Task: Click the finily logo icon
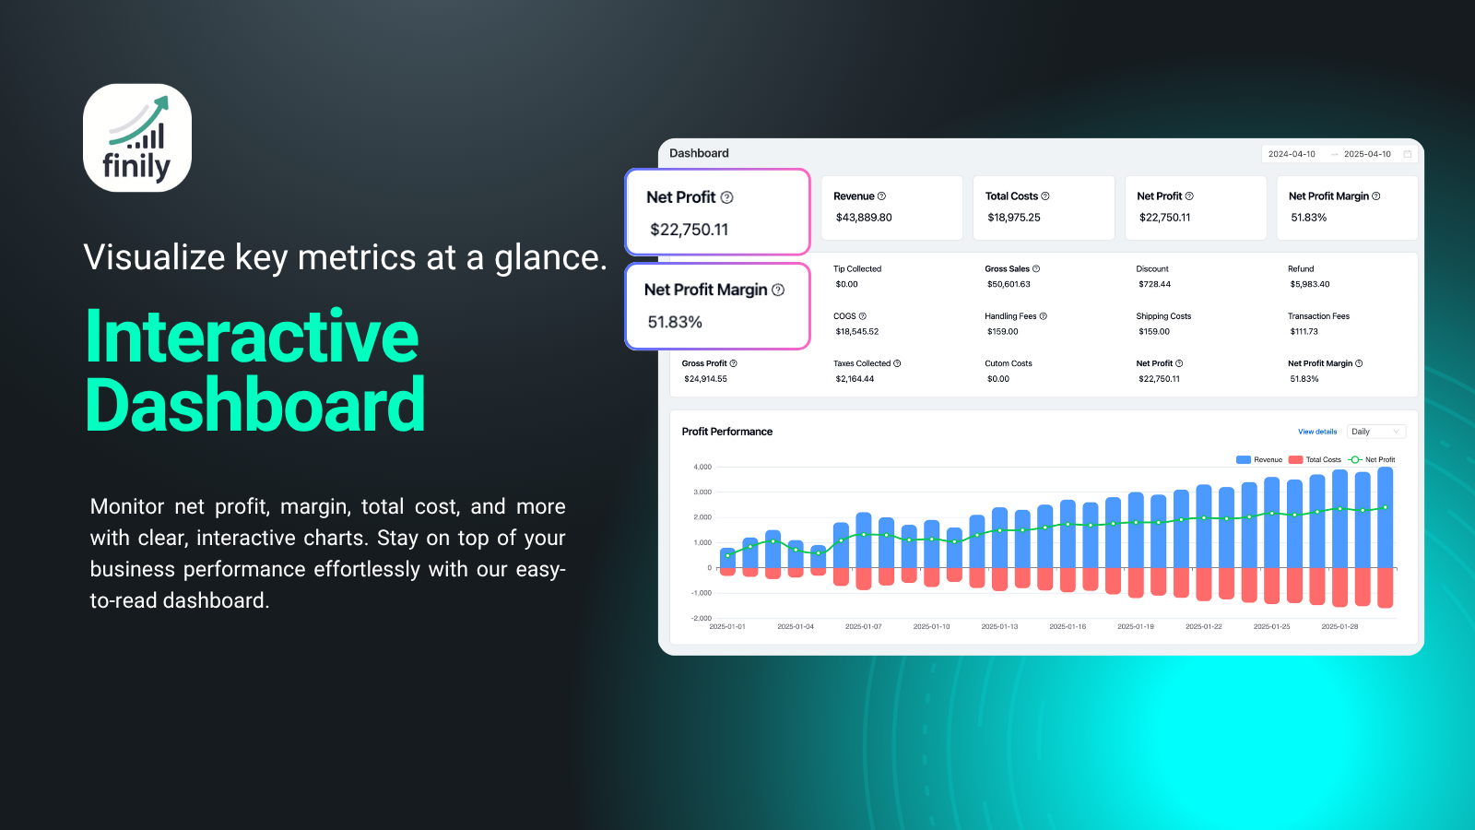(x=137, y=137)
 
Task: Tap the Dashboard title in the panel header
(x=699, y=153)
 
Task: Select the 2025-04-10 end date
(x=1367, y=154)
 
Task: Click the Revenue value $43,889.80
(x=863, y=218)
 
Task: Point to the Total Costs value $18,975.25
(x=1013, y=218)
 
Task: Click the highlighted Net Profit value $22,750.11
(x=689, y=230)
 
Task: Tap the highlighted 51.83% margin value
(x=675, y=322)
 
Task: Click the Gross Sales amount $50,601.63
(x=1009, y=285)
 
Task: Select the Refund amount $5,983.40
(x=1310, y=285)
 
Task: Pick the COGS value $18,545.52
(x=856, y=332)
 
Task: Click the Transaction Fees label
(x=1318, y=316)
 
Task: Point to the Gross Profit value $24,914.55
(x=705, y=379)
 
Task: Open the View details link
(x=1317, y=433)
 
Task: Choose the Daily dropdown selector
(x=1376, y=432)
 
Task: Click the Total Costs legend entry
(x=1315, y=460)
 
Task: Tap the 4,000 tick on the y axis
(x=702, y=467)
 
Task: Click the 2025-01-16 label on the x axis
(x=1068, y=626)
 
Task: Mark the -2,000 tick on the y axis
(x=702, y=618)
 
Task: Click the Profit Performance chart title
(x=727, y=432)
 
